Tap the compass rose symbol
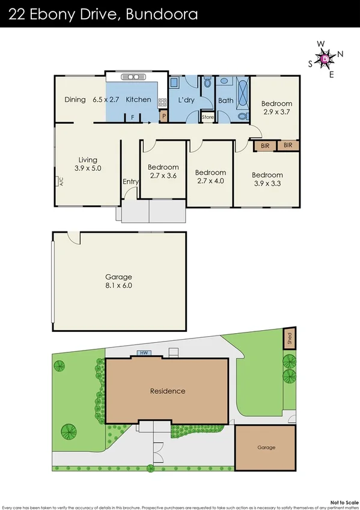point(326,58)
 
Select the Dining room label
point(75,99)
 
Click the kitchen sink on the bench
point(130,77)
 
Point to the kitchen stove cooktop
point(162,102)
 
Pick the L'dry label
point(186,100)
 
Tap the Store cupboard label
point(207,117)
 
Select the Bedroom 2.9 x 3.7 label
point(276,108)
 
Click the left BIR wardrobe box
point(265,146)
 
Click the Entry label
point(130,182)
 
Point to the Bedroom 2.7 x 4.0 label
point(210,176)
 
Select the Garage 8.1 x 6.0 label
point(118,281)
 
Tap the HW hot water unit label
point(143,353)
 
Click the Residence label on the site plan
point(168,391)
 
